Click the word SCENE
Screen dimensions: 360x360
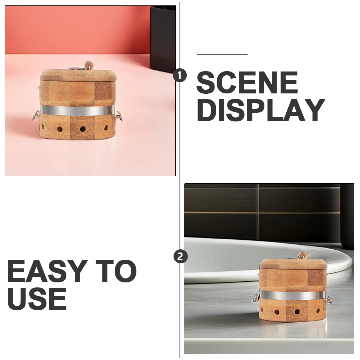point(247,83)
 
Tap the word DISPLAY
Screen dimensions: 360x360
point(260,110)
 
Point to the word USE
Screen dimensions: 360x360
point(37,298)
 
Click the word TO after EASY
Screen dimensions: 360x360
point(117,271)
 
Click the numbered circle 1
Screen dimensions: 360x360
point(180,76)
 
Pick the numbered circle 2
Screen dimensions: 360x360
point(180,257)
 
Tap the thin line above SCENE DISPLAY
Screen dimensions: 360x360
point(222,54)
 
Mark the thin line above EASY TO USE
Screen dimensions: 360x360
point(31,236)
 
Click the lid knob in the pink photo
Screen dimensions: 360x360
point(88,65)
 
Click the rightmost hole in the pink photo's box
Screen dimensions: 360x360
point(106,128)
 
